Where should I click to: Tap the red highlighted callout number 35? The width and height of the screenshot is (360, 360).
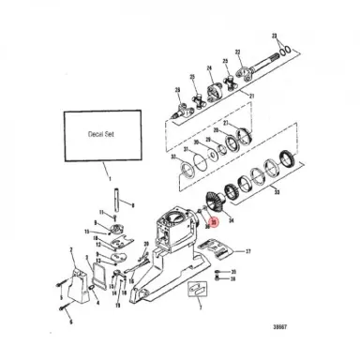[x=214, y=223]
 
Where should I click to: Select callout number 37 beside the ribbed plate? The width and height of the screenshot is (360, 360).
[x=248, y=252]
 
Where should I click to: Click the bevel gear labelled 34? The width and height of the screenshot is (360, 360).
[x=213, y=203]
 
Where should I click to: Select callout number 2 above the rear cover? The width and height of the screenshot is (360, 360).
[x=72, y=250]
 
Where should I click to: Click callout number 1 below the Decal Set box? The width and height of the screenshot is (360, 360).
[x=109, y=178]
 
